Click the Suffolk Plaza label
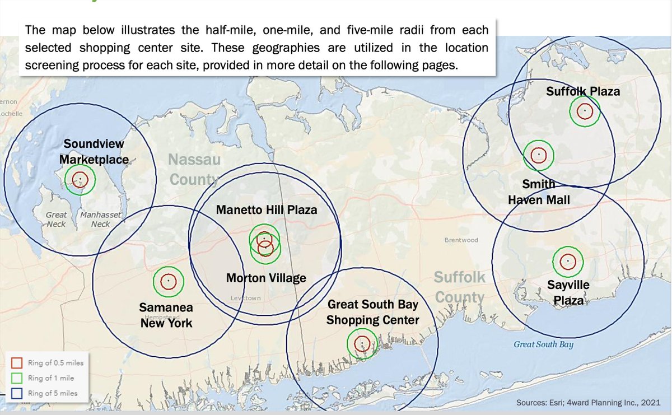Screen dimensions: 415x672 click(583, 91)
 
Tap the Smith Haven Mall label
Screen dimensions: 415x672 click(538, 192)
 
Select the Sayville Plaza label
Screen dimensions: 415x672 click(568, 292)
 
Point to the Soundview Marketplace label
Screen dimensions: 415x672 click(94, 152)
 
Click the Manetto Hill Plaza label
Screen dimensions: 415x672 click(267, 210)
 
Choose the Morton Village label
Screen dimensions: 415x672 click(266, 278)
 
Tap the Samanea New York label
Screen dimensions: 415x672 click(166, 315)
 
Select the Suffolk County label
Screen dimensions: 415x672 click(459, 287)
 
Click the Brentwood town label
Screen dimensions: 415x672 click(461, 240)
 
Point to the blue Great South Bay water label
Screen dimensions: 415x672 click(543, 344)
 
